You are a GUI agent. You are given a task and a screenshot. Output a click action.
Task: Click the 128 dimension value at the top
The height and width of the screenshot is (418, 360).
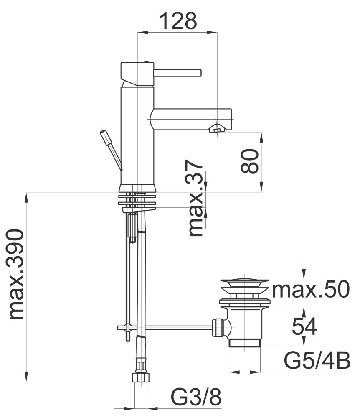point(178,21)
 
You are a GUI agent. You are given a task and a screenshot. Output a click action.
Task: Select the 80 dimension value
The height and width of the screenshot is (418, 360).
point(249,161)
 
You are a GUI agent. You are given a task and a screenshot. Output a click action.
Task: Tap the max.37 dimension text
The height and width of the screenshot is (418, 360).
point(196,198)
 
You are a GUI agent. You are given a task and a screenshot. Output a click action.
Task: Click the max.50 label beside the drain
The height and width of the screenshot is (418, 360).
point(310,289)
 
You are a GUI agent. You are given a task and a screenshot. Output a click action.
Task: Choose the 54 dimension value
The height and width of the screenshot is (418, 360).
point(304,326)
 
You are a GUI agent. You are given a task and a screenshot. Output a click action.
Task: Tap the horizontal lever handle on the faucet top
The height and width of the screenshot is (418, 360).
point(178,72)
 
